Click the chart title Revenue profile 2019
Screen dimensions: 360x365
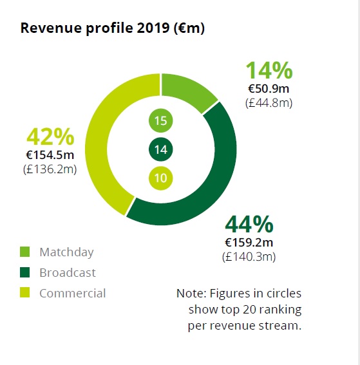95,28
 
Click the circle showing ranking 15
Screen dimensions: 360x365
160,120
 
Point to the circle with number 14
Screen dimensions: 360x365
160,149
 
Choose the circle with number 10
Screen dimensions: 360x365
160,178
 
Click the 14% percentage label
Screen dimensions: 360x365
269,70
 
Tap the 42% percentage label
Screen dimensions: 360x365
50,136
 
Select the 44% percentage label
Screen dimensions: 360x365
249,224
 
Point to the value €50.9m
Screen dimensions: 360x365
269,89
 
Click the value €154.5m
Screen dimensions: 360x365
50,155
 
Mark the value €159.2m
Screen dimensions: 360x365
249,243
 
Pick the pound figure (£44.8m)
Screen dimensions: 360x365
269,103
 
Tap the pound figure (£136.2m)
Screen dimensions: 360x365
50,169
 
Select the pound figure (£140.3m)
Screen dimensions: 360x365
249,257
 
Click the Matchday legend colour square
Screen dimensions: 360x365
24,252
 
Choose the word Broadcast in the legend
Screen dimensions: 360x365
68,272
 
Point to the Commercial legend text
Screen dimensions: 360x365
73,293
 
